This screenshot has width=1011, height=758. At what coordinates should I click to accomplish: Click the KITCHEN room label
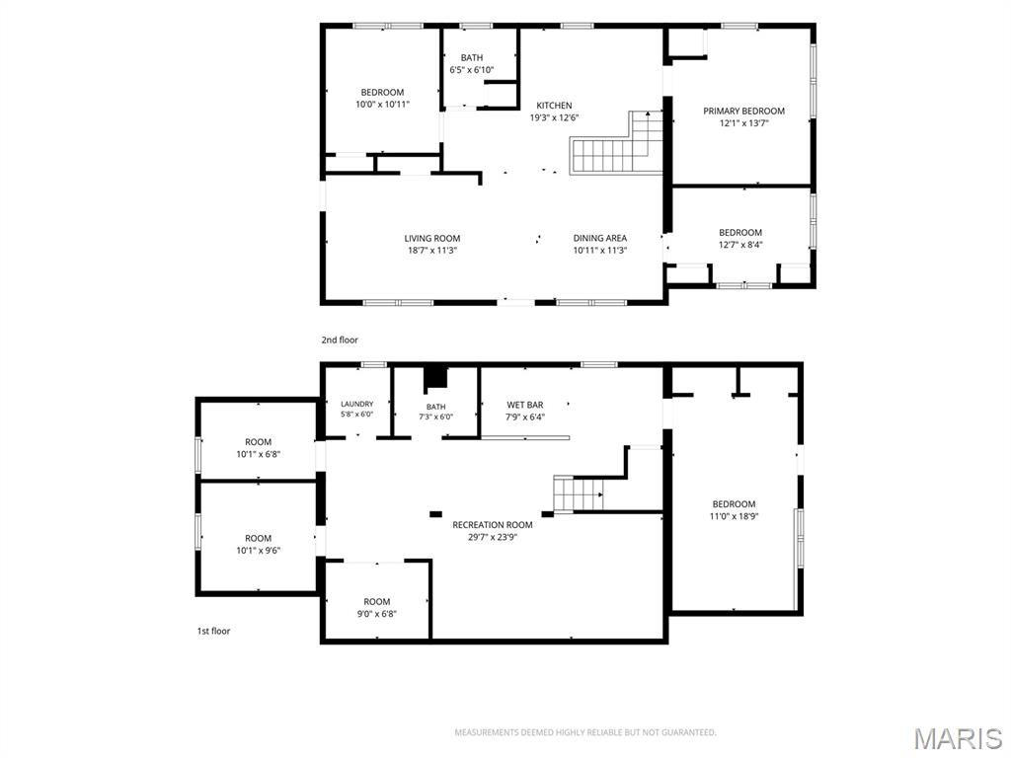(554, 105)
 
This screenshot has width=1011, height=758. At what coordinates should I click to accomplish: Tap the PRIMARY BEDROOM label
(743, 111)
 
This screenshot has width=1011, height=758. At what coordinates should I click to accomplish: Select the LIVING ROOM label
(432, 239)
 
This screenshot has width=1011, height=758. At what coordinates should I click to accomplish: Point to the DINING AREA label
(599, 239)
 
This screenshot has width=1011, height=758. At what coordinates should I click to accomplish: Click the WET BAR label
(525, 405)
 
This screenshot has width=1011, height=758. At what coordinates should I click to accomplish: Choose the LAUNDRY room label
(357, 404)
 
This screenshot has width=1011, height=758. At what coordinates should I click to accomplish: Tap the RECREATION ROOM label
(493, 525)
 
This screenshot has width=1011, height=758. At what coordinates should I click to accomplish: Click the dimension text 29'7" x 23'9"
(493, 537)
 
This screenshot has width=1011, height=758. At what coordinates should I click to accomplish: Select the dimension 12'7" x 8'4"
(740, 245)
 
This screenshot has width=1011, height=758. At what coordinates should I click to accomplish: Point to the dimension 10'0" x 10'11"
(382, 105)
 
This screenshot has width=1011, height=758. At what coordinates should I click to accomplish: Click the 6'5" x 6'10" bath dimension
(472, 70)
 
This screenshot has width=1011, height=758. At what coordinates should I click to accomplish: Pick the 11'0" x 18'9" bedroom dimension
(734, 516)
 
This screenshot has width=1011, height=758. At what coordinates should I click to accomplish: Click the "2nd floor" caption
(340, 340)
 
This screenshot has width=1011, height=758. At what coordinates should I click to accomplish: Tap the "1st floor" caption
(213, 631)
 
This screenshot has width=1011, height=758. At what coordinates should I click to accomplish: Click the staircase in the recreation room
(579, 494)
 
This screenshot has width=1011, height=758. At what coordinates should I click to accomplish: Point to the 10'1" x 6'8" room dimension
(258, 454)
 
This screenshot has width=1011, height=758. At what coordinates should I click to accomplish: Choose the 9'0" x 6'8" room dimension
(376, 614)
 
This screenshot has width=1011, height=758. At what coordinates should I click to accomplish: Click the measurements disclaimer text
(585, 733)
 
